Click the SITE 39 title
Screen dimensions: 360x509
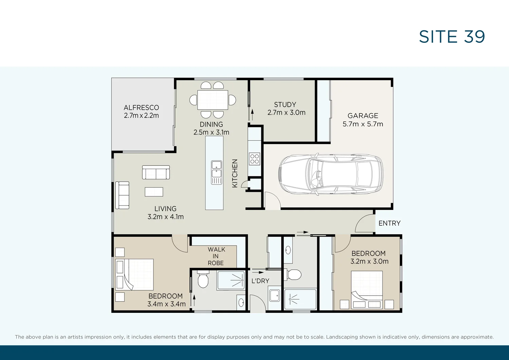coord(452,37)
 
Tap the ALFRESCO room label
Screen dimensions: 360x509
coord(141,108)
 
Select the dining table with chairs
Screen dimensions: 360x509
coord(213,100)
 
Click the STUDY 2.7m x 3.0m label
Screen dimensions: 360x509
coord(286,109)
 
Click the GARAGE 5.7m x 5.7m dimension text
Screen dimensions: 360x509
coord(363,124)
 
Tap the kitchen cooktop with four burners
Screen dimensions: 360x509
coord(254,159)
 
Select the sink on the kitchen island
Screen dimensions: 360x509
coord(216,169)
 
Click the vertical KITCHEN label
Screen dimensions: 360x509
coord(234,173)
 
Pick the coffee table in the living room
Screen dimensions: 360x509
coord(154,192)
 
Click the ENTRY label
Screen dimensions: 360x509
coord(389,223)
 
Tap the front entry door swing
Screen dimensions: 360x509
coord(365,223)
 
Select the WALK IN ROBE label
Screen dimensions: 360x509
coord(216,256)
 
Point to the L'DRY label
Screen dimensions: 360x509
coord(260,281)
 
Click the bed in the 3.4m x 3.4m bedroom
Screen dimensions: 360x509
coord(135,274)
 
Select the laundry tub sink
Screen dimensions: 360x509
coord(274,295)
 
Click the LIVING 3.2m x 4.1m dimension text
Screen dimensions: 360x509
coord(166,217)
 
